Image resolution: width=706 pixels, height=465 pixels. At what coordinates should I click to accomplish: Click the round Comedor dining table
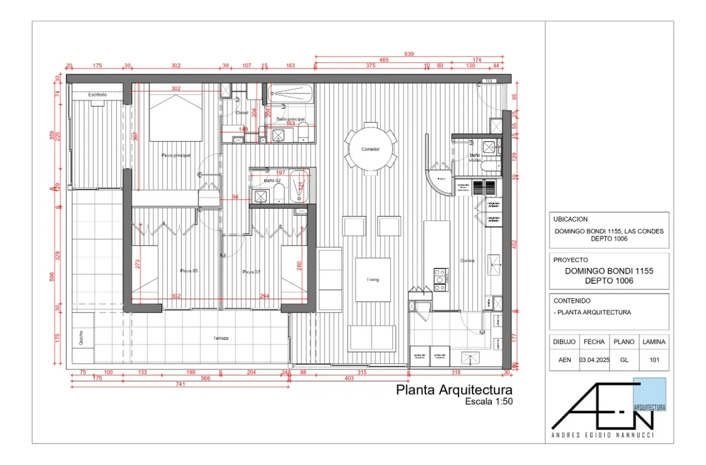tap(371, 149)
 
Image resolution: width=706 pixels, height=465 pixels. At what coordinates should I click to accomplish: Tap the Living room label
tap(373, 280)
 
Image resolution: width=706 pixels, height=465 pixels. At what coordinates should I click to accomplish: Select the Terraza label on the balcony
tap(221, 339)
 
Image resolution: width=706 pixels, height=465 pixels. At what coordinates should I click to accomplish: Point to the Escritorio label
tap(98, 95)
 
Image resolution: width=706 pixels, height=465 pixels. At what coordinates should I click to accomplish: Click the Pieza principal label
tap(176, 155)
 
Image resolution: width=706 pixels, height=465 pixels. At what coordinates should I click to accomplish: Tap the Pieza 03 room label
tap(188, 271)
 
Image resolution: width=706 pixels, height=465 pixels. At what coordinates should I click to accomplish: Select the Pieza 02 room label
tap(252, 272)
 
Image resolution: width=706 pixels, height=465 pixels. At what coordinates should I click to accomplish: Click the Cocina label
tap(467, 260)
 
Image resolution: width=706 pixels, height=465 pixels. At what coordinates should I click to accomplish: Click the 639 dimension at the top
tap(409, 54)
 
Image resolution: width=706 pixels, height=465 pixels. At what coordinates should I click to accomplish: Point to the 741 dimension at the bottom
tap(180, 384)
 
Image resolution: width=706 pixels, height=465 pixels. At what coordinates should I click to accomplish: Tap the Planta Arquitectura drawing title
tap(454, 390)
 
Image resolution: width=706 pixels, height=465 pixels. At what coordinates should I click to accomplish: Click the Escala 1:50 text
tap(488, 402)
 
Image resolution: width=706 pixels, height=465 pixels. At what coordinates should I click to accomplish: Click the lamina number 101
tap(653, 360)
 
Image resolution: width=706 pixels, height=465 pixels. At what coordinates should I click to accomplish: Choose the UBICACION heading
tap(571, 219)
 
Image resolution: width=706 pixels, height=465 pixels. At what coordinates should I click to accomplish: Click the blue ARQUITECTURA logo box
tap(650, 394)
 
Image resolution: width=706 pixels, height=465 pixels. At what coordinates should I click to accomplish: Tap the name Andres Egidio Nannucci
tap(603, 436)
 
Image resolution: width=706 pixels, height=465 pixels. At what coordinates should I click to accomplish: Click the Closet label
tap(242, 112)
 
